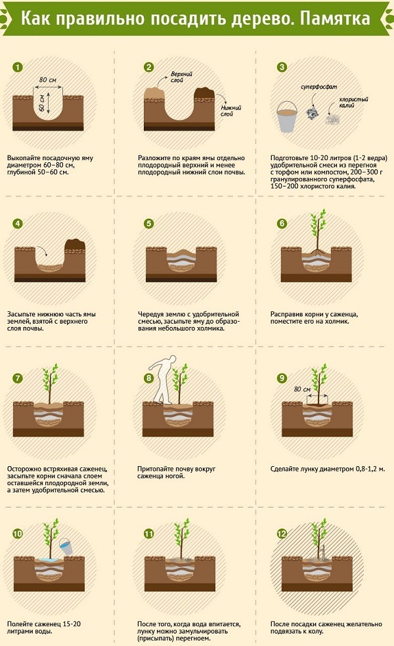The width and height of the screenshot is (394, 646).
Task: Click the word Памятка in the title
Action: point(335,18)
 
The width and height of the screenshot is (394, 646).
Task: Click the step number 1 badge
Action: point(18,67)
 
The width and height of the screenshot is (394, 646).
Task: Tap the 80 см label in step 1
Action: point(47,79)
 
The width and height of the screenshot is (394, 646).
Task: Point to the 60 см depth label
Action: point(41,102)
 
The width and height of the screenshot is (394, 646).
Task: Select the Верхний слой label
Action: point(181,77)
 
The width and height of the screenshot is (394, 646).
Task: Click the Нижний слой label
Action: point(230,111)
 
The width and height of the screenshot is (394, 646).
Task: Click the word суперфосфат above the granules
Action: point(318,87)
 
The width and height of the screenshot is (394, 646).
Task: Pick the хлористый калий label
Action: point(353,102)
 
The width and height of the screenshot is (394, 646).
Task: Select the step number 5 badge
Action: point(149,223)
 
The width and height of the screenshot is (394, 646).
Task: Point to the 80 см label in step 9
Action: point(302,389)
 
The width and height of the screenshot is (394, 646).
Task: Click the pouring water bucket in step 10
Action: point(66,546)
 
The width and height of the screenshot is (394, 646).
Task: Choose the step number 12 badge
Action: point(282,534)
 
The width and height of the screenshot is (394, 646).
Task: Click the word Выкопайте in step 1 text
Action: point(24,158)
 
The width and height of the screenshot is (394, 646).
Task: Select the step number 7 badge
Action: point(18,378)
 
